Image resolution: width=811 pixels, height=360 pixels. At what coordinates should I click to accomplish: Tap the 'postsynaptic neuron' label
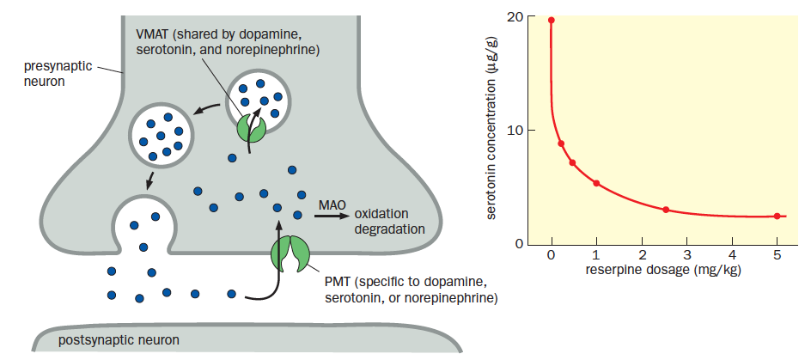coord(119,340)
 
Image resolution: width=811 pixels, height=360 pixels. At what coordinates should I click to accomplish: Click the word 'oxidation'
coord(381,214)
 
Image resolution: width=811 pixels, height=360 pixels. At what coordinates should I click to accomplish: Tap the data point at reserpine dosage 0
coord(552,20)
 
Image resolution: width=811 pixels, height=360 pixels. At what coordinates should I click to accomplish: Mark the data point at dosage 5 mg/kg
coord(777,216)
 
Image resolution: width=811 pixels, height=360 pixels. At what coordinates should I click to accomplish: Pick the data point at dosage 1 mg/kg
coord(596,183)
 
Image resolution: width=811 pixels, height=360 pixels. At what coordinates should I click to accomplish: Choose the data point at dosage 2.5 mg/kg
coord(666,210)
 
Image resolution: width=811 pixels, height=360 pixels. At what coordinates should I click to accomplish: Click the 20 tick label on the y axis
coord(515,17)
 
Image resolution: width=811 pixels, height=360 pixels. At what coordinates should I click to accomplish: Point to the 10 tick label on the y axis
coord(515,131)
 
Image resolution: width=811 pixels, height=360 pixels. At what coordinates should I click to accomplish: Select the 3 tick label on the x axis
coord(686,255)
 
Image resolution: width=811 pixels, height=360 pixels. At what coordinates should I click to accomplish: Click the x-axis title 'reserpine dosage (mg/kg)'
coord(663,270)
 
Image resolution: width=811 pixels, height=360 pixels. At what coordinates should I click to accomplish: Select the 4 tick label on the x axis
coord(732,255)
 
